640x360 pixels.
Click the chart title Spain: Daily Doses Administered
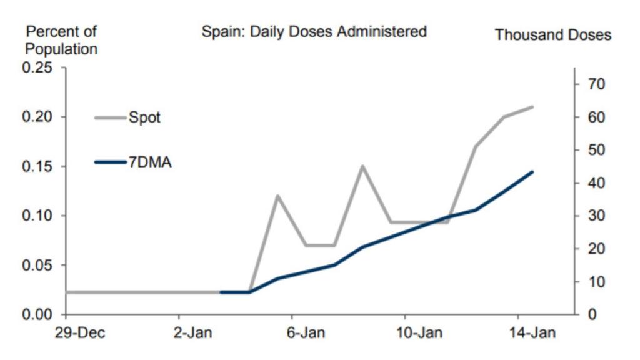point(314,32)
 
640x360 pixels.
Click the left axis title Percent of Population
point(61,40)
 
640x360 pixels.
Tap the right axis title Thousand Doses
point(552,35)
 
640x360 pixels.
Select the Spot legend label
point(144,117)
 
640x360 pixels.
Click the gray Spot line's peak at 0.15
point(362,166)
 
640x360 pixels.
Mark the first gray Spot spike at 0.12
point(277,196)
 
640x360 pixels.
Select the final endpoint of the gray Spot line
point(532,107)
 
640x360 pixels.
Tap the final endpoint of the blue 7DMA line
point(532,171)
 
